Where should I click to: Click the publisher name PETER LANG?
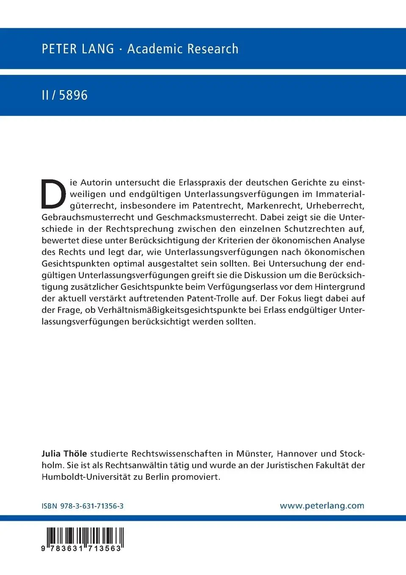point(78,49)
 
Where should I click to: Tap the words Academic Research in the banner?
point(183,49)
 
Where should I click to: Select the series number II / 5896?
point(64,95)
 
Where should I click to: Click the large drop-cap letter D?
point(53,194)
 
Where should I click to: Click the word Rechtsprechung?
point(140,229)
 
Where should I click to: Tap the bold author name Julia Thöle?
point(64,454)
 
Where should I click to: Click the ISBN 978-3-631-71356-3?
point(83,506)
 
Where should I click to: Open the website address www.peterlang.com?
point(322,506)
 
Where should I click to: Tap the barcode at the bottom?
point(83,537)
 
